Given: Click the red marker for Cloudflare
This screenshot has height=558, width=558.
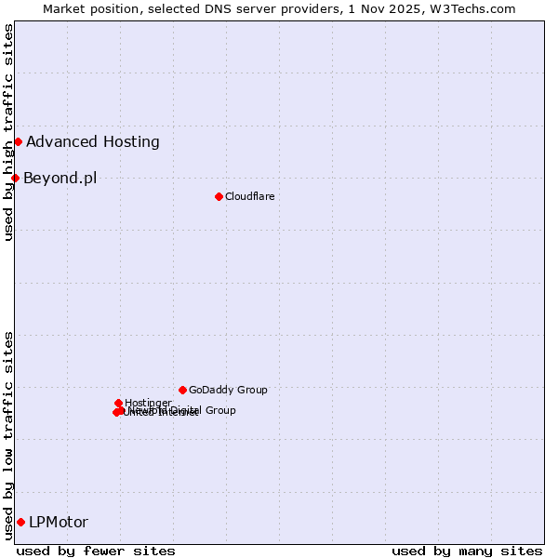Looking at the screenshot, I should tap(219, 196).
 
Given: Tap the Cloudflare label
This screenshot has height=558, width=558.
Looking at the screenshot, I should tap(249, 196).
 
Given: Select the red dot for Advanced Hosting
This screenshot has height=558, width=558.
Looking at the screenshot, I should tap(18, 141).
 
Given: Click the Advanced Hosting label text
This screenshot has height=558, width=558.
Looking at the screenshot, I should tap(93, 141).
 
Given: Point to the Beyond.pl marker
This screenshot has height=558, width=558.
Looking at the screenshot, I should tap(15, 178).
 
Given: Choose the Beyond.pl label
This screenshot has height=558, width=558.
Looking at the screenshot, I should tap(60, 178).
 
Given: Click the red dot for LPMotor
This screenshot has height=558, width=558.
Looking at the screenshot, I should tap(20, 522).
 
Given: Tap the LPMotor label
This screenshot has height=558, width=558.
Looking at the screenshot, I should tap(59, 522).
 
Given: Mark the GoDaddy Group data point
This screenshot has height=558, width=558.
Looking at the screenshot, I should tap(182, 390).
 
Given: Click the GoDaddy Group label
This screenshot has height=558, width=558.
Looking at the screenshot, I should tap(228, 390).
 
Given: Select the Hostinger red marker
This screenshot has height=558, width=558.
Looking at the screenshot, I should tap(118, 403).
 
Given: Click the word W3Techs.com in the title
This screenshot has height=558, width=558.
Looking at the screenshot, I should tap(473, 8).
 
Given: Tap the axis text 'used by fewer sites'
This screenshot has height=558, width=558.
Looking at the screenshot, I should tap(96, 551).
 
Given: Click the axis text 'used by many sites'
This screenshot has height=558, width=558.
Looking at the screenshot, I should tap(467, 551).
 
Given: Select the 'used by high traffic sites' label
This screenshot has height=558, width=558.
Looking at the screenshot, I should tap(8, 132).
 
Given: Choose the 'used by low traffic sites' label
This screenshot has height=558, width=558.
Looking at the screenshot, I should tap(8, 435).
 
